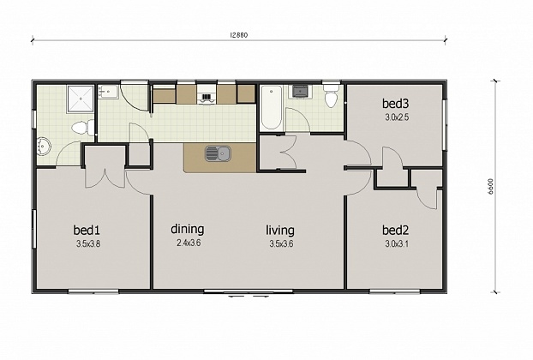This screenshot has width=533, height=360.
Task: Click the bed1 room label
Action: tap(87, 231)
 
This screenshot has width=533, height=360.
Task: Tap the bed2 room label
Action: tap(395, 231)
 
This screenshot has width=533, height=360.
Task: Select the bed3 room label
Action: tap(395, 103)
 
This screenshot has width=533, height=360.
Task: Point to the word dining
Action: tap(187, 229)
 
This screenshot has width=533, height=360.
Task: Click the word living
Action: tap(280, 230)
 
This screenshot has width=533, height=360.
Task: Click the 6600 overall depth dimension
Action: tap(491, 188)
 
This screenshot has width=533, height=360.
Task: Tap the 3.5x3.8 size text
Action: tap(87, 244)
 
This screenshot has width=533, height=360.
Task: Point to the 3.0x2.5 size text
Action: tap(395, 117)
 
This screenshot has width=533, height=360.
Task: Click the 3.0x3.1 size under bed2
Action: tap(395, 244)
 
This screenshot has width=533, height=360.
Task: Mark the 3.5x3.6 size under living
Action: tap(280, 243)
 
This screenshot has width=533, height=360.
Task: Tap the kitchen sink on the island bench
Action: tap(218, 153)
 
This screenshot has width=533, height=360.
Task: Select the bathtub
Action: tap(271, 108)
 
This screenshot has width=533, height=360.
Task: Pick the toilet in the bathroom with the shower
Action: tap(81, 129)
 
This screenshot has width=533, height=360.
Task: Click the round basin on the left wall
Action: tap(45, 147)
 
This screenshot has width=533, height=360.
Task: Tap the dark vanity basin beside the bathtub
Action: tap(299, 90)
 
